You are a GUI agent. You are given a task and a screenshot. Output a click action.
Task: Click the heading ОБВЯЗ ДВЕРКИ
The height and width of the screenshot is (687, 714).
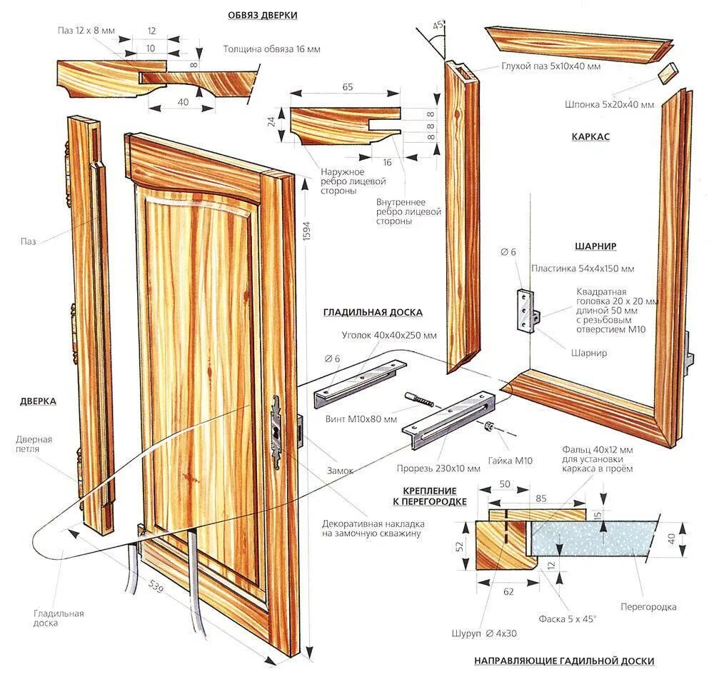(x=263, y=14)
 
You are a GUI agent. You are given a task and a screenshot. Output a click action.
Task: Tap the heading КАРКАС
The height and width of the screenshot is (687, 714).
(x=590, y=136)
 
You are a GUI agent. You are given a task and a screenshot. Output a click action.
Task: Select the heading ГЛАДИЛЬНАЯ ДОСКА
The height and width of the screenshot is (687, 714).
(x=373, y=312)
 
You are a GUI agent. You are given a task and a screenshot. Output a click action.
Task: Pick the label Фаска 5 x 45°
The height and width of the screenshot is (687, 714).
(x=568, y=619)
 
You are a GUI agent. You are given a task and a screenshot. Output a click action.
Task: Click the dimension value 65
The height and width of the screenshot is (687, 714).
(x=347, y=86)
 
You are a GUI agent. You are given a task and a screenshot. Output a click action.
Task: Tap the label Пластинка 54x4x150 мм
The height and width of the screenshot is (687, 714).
(x=583, y=269)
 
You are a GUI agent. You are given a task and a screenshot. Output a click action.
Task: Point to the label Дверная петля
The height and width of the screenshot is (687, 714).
(x=34, y=444)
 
